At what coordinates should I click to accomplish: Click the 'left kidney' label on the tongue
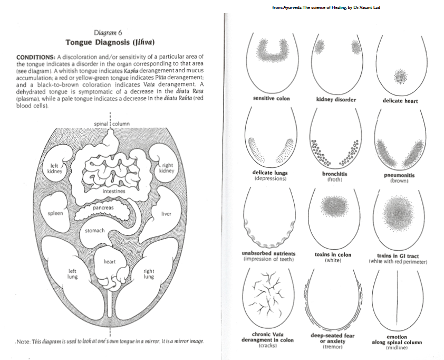(54, 168)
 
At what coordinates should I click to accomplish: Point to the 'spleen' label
(55, 213)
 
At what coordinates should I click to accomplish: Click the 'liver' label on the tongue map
(167, 213)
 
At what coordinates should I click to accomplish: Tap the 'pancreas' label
(103, 208)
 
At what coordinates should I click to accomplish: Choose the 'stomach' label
(95, 231)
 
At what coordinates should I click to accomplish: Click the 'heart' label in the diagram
(110, 261)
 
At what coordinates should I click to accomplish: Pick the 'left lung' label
(73, 273)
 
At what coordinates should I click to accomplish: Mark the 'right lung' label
(149, 273)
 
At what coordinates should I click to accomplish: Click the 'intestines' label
(114, 191)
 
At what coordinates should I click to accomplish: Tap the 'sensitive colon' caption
(272, 99)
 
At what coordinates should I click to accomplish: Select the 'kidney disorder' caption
(336, 99)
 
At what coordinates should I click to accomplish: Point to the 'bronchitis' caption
(335, 174)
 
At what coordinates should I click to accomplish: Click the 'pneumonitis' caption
(400, 175)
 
